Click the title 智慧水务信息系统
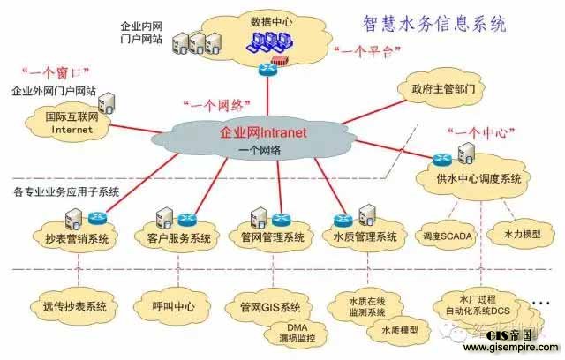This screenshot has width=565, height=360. click(x=436, y=24)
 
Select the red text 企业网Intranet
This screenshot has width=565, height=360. click(x=263, y=133)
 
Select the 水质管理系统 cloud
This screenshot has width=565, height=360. click(x=365, y=237)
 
